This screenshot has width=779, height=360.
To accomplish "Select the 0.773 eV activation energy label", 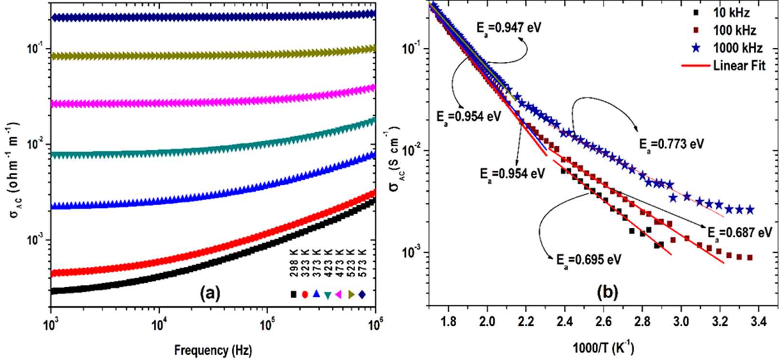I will click(x=671, y=144).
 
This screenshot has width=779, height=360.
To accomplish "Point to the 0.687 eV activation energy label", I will click(x=739, y=233).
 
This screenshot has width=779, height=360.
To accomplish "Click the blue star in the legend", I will click(x=696, y=48).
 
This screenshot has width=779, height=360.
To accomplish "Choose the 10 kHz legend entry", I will click(x=731, y=13).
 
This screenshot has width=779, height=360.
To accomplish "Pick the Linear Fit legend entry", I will click(x=739, y=65).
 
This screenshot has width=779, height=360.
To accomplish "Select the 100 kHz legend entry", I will click(x=734, y=30).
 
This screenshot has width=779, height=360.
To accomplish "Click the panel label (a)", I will click(x=210, y=292).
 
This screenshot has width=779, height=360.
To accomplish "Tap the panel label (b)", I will click(x=607, y=291).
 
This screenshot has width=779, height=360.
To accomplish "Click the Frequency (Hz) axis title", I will click(x=213, y=350).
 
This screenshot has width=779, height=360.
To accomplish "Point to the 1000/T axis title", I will click(x=603, y=347).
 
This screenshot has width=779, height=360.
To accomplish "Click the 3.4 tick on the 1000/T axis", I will click(x=759, y=321).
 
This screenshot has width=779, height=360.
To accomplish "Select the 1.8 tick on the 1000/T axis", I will click(x=448, y=321).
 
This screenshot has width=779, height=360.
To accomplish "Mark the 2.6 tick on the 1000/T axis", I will click(x=603, y=321).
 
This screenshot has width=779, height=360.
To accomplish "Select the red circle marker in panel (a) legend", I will click(x=305, y=294).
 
